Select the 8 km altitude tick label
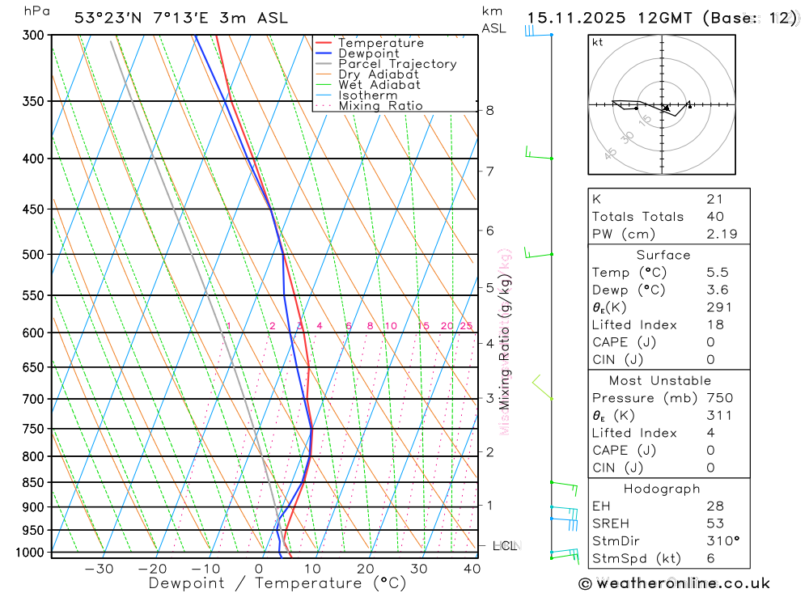489,110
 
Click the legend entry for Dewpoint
368,53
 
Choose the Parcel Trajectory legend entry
397,64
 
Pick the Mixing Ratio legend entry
380,106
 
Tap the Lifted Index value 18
714,324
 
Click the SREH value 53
714,523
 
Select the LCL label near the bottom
504,546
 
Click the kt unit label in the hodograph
597,42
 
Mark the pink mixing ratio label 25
466,326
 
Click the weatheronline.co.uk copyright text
674,583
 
